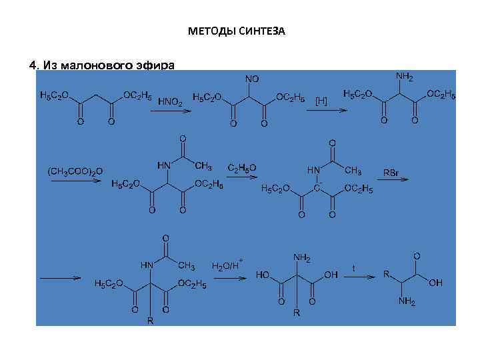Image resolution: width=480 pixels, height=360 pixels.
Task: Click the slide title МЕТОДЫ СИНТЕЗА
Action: (x=237, y=31)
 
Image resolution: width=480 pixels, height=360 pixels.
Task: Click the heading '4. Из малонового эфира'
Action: (x=102, y=65)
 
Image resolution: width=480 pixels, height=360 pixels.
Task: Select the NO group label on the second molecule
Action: (x=252, y=79)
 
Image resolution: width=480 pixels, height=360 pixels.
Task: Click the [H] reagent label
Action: (x=321, y=101)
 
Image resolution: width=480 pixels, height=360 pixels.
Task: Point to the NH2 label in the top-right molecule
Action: (x=404, y=77)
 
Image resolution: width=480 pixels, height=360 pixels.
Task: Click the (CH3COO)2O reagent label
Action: (x=75, y=171)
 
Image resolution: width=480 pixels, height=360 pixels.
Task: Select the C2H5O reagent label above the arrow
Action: (x=241, y=167)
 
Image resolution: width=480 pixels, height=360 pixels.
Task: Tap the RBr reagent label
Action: (x=391, y=173)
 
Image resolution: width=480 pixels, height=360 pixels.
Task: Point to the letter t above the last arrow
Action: (x=353, y=267)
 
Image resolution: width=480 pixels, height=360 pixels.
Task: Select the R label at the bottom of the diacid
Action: (x=297, y=312)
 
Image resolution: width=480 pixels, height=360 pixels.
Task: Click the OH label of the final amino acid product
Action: (x=435, y=283)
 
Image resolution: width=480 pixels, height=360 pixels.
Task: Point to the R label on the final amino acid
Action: (x=385, y=274)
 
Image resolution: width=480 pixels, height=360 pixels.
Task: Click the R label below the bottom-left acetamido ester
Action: (x=150, y=321)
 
